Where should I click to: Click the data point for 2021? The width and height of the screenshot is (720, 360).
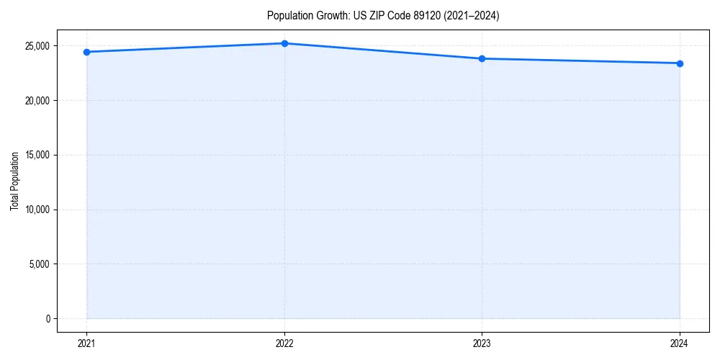[87, 52]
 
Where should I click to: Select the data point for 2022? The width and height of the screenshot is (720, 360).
[284, 43]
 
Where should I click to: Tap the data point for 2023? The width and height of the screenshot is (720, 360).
[482, 58]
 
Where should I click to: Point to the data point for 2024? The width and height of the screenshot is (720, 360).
[680, 63]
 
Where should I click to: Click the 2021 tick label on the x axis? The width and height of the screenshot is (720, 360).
[87, 343]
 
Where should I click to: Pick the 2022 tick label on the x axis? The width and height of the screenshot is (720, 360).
[284, 343]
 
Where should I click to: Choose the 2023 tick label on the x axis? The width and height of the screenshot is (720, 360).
[482, 343]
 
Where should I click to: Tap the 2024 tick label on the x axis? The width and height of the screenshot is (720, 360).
[680, 343]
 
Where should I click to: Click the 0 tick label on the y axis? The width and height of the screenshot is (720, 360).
[47, 318]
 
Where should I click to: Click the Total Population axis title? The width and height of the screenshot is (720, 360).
[14, 181]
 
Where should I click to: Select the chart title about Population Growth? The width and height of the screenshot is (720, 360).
[382, 15]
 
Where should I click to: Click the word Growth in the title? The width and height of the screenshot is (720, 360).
[328, 15]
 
